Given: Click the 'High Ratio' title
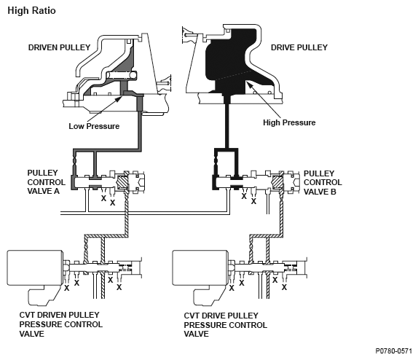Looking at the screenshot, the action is click(x=31, y=11).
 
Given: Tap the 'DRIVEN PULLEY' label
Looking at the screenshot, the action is click(x=59, y=47).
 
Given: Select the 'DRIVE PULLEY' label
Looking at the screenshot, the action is click(x=299, y=47).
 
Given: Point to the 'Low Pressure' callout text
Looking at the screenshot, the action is click(x=94, y=126).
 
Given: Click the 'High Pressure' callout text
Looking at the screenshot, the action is click(x=289, y=122).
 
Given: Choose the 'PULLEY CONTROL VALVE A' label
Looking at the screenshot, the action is click(x=46, y=182).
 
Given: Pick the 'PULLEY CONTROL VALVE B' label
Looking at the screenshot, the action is click(x=323, y=182).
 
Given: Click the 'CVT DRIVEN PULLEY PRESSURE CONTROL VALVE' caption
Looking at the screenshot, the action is click(x=60, y=324).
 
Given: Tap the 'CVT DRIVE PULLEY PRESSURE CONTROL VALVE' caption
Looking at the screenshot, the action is click(x=226, y=325).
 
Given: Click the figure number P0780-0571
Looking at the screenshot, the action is click(x=393, y=351).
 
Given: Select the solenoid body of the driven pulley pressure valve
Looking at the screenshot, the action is click(x=35, y=267).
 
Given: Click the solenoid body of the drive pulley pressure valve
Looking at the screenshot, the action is click(x=200, y=267).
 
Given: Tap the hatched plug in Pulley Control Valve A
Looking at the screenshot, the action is click(x=122, y=182).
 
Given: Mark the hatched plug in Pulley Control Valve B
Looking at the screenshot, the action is click(x=277, y=182).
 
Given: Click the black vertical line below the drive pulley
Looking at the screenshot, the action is click(x=227, y=125).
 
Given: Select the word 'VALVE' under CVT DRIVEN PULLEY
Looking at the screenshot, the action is click(x=32, y=334).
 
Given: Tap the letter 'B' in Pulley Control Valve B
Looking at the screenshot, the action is click(x=334, y=192).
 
